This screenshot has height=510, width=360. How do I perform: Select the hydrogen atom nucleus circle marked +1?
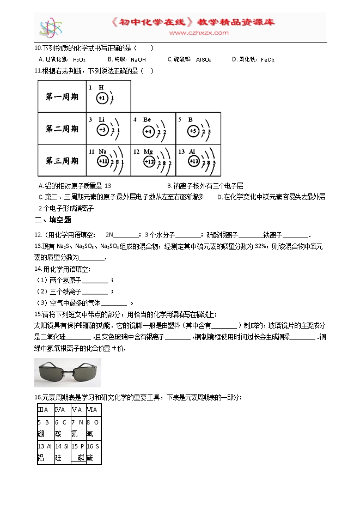(x=102, y=98)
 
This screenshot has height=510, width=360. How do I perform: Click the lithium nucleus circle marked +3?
(x=102, y=130)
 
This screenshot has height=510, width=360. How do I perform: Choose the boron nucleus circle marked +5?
(x=193, y=130)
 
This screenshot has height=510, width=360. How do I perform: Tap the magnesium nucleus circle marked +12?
(x=149, y=162)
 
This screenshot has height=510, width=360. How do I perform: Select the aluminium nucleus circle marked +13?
(x=194, y=162)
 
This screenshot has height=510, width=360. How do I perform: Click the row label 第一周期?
(x=62, y=97)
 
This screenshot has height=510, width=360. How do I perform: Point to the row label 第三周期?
(x=62, y=161)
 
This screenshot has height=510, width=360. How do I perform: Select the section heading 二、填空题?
(x=53, y=220)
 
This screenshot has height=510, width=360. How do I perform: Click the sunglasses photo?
(x=68, y=373)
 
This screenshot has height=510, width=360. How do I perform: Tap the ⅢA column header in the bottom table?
(x=43, y=410)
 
